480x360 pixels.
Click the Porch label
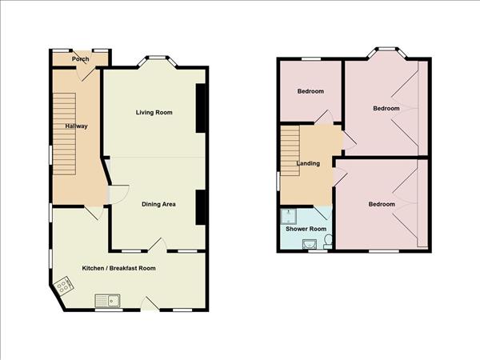coord(81,58)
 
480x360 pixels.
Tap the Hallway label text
coord(76,126)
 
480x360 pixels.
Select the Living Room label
coord(154,112)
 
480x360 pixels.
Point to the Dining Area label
coord(158,204)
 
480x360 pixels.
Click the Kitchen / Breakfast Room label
coord(118,268)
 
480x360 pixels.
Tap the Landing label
coord(308,163)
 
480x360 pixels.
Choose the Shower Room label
coord(306,229)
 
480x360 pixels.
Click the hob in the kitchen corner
coord(63,286)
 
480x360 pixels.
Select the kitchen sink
coord(107,301)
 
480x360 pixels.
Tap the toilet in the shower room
coord(328,242)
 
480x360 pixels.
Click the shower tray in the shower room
coord(288,216)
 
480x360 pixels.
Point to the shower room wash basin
coord(310,244)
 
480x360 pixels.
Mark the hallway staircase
coord(64,134)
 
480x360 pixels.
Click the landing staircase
coord(290,150)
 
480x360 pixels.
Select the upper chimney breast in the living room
coord(201,108)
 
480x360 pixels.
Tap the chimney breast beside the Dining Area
coord(201,207)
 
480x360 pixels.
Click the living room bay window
coord(157,61)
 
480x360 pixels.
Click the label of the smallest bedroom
coord(310,91)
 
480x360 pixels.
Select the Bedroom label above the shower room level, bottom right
coord(382,204)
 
